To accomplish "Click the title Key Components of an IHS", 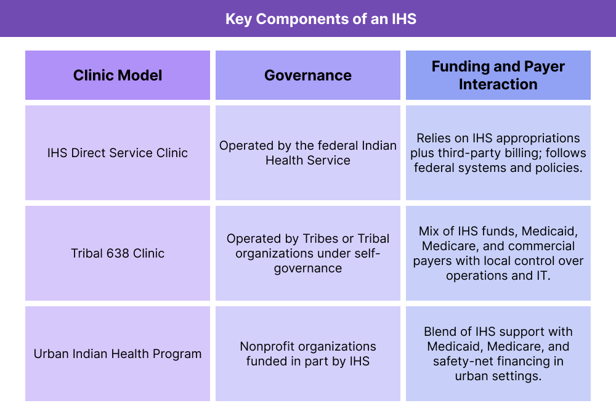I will (x=320, y=19).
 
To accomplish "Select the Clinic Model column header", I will (x=118, y=76).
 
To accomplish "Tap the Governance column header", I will (x=308, y=76).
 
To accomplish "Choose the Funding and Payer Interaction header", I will (x=498, y=75).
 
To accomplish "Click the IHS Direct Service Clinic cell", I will (x=118, y=153).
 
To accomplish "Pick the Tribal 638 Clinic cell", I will (x=118, y=253).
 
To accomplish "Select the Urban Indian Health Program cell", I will (x=118, y=354).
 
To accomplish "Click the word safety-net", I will (x=468, y=361).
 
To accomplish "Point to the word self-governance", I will (x=308, y=261).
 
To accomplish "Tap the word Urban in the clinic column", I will (x=51, y=354).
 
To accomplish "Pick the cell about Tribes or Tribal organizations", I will (x=308, y=253).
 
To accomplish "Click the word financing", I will (x=533, y=361).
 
